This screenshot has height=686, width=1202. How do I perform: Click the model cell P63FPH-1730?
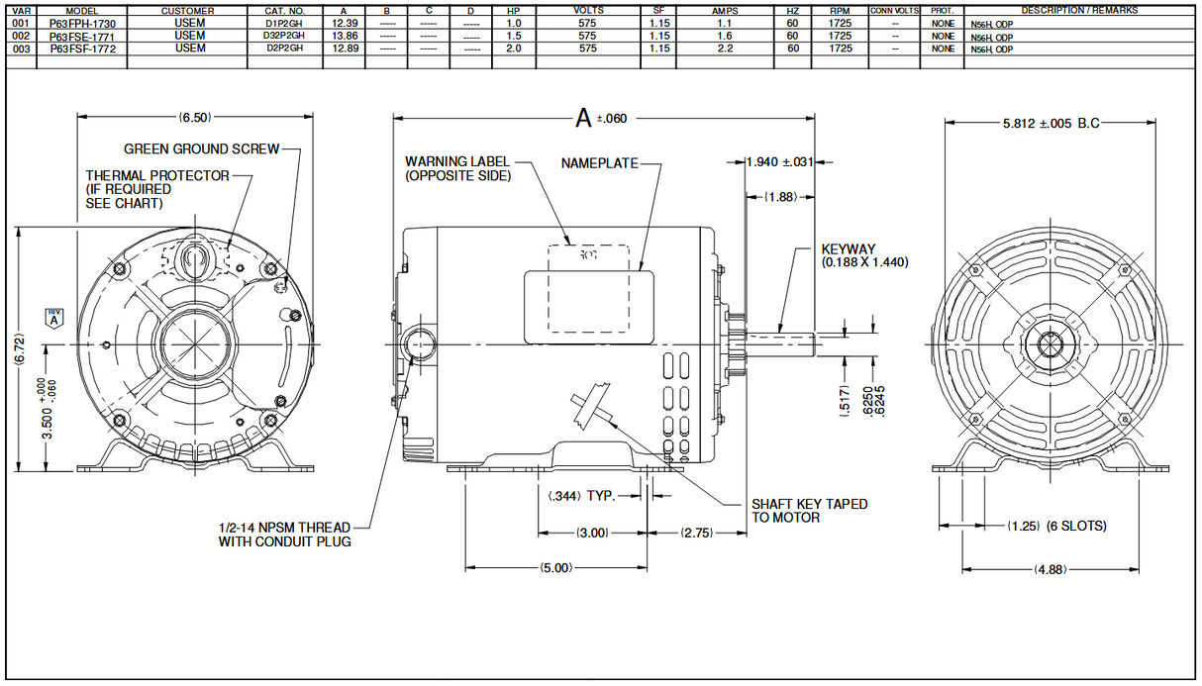coord(82,22)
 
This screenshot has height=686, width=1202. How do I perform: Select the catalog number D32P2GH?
coord(284,35)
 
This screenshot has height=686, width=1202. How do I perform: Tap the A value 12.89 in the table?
coord(346,48)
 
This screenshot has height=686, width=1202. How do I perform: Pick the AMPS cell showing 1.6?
coord(724,35)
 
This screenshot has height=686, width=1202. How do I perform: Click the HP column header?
coord(513,10)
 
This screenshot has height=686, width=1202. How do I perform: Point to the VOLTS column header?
coord(588,10)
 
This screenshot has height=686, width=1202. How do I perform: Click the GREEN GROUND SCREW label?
coord(201,149)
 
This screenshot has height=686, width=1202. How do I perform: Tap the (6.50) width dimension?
coord(194,118)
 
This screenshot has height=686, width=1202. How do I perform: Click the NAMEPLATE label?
coord(599,162)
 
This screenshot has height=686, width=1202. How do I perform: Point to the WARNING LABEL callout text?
coord(457,168)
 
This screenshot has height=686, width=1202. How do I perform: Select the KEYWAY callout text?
coord(864,255)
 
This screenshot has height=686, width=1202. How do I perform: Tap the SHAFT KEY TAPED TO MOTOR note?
coord(809,511)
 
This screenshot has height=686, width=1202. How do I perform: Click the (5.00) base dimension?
coord(556,568)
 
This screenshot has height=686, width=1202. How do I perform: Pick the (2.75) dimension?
coord(697,534)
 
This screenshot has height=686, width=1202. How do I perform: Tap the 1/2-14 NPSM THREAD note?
coord(284,534)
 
